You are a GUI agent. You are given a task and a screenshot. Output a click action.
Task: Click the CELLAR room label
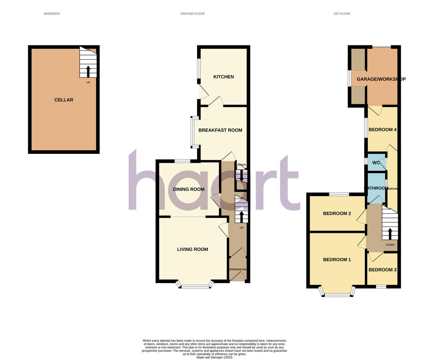click(x=64, y=100)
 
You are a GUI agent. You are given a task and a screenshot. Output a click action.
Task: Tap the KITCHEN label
click(x=223, y=77)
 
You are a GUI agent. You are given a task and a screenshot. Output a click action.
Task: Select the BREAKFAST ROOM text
click(x=220, y=130)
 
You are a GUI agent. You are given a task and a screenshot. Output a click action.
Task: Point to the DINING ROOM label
click(x=189, y=189)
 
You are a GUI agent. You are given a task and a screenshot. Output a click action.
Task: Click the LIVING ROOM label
click(x=193, y=249)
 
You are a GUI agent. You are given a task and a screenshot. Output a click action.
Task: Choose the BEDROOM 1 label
click(x=337, y=260)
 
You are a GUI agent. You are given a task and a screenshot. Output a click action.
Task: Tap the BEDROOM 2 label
click(x=337, y=214)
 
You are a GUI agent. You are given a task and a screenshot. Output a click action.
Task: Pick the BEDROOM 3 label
click(x=383, y=270)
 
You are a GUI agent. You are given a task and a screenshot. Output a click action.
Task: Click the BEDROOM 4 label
click(x=383, y=130)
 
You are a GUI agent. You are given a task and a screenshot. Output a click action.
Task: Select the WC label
click(x=376, y=163)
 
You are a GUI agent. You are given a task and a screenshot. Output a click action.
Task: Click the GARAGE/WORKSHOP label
click(x=381, y=79)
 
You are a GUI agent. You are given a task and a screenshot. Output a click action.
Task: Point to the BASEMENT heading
click(x=52, y=14)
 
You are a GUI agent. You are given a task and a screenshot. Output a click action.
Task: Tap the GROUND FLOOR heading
click(x=192, y=14)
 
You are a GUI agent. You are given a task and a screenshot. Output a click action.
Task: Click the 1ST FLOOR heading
click(x=342, y=14)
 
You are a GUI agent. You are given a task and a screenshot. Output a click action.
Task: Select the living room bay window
click(x=195, y=286)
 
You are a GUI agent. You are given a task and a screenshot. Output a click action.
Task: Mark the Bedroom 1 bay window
click(x=337, y=295)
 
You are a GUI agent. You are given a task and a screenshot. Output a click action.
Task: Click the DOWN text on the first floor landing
click(x=390, y=245)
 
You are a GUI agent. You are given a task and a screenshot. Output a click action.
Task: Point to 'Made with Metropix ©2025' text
click(x=214, y=357)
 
